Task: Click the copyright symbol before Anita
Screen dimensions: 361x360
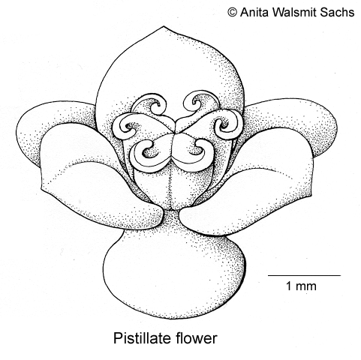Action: pos(232,12)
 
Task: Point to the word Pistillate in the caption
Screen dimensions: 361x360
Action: pos(143,338)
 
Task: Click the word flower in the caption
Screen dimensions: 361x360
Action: pos(196,338)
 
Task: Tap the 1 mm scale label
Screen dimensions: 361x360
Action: pos(301,286)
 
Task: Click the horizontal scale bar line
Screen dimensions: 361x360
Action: pos(305,275)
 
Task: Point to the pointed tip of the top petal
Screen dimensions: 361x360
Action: pos(164,26)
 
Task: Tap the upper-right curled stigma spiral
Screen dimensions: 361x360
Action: pos(197,103)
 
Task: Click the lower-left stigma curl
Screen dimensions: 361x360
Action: pos(150,152)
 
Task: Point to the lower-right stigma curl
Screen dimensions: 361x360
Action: pos(197,152)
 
